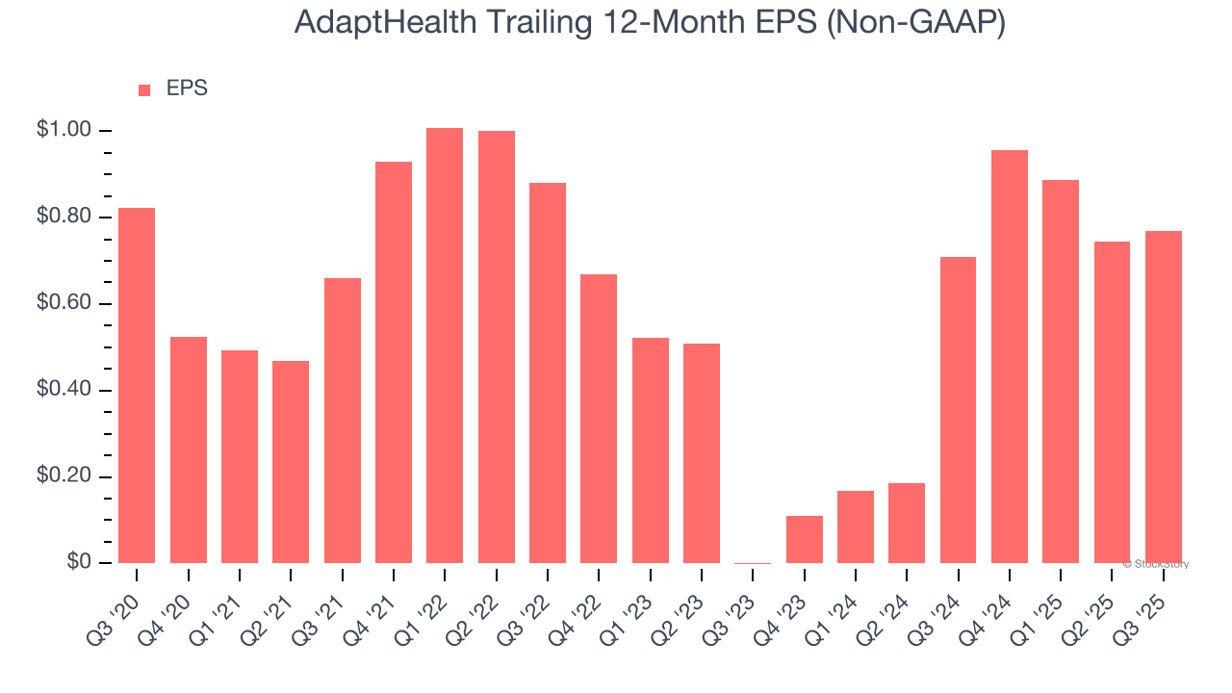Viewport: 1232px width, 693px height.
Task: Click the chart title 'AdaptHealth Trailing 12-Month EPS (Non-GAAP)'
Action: click(x=650, y=23)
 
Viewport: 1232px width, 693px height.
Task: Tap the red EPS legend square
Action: click(x=144, y=90)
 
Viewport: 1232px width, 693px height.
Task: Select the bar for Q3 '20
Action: click(x=137, y=385)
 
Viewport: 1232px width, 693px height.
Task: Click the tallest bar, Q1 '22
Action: click(x=445, y=346)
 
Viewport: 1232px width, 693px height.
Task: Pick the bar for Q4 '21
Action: click(x=394, y=362)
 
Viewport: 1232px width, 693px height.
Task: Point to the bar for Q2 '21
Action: click(x=291, y=462)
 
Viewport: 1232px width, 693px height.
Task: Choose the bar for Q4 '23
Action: click(x=805, y=539)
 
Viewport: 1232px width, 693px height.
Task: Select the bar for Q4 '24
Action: click(x=1010, y=356)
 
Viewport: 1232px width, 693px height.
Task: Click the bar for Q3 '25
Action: click(x=1164, y=397)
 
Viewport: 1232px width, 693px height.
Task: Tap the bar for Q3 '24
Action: click(x=959, y=410)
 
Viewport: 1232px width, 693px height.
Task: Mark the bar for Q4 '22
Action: click(x=599, y=419)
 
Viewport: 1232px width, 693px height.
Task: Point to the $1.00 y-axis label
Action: click(x=64, y=130)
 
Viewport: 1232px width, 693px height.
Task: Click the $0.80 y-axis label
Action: click(x=64, y=217)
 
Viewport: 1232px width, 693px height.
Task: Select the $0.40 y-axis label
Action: click(x=64, y=390)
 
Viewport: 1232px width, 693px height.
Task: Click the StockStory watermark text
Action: click(x=1156, y=564)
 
